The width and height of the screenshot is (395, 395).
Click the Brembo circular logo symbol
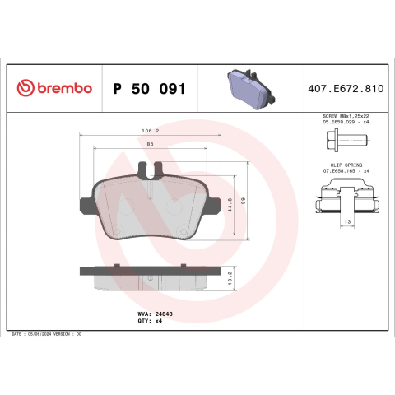(x=26, y=88)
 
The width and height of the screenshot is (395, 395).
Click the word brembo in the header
(x=65, y=88)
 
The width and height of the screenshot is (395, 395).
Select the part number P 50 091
(x=150, y=89)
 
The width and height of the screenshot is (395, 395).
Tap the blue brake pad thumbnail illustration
(x=251, y=89)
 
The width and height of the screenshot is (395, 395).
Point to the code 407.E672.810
(x=346, y=89)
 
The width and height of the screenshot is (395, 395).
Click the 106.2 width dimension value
(x=151, y=131)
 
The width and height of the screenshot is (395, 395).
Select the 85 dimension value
(x=151, y=144)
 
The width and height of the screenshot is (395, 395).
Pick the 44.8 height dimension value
(x=230, y=205)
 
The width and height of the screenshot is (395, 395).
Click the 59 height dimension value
(x=243, y=201)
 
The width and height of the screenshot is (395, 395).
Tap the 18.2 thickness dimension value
(x=230, y=278)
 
